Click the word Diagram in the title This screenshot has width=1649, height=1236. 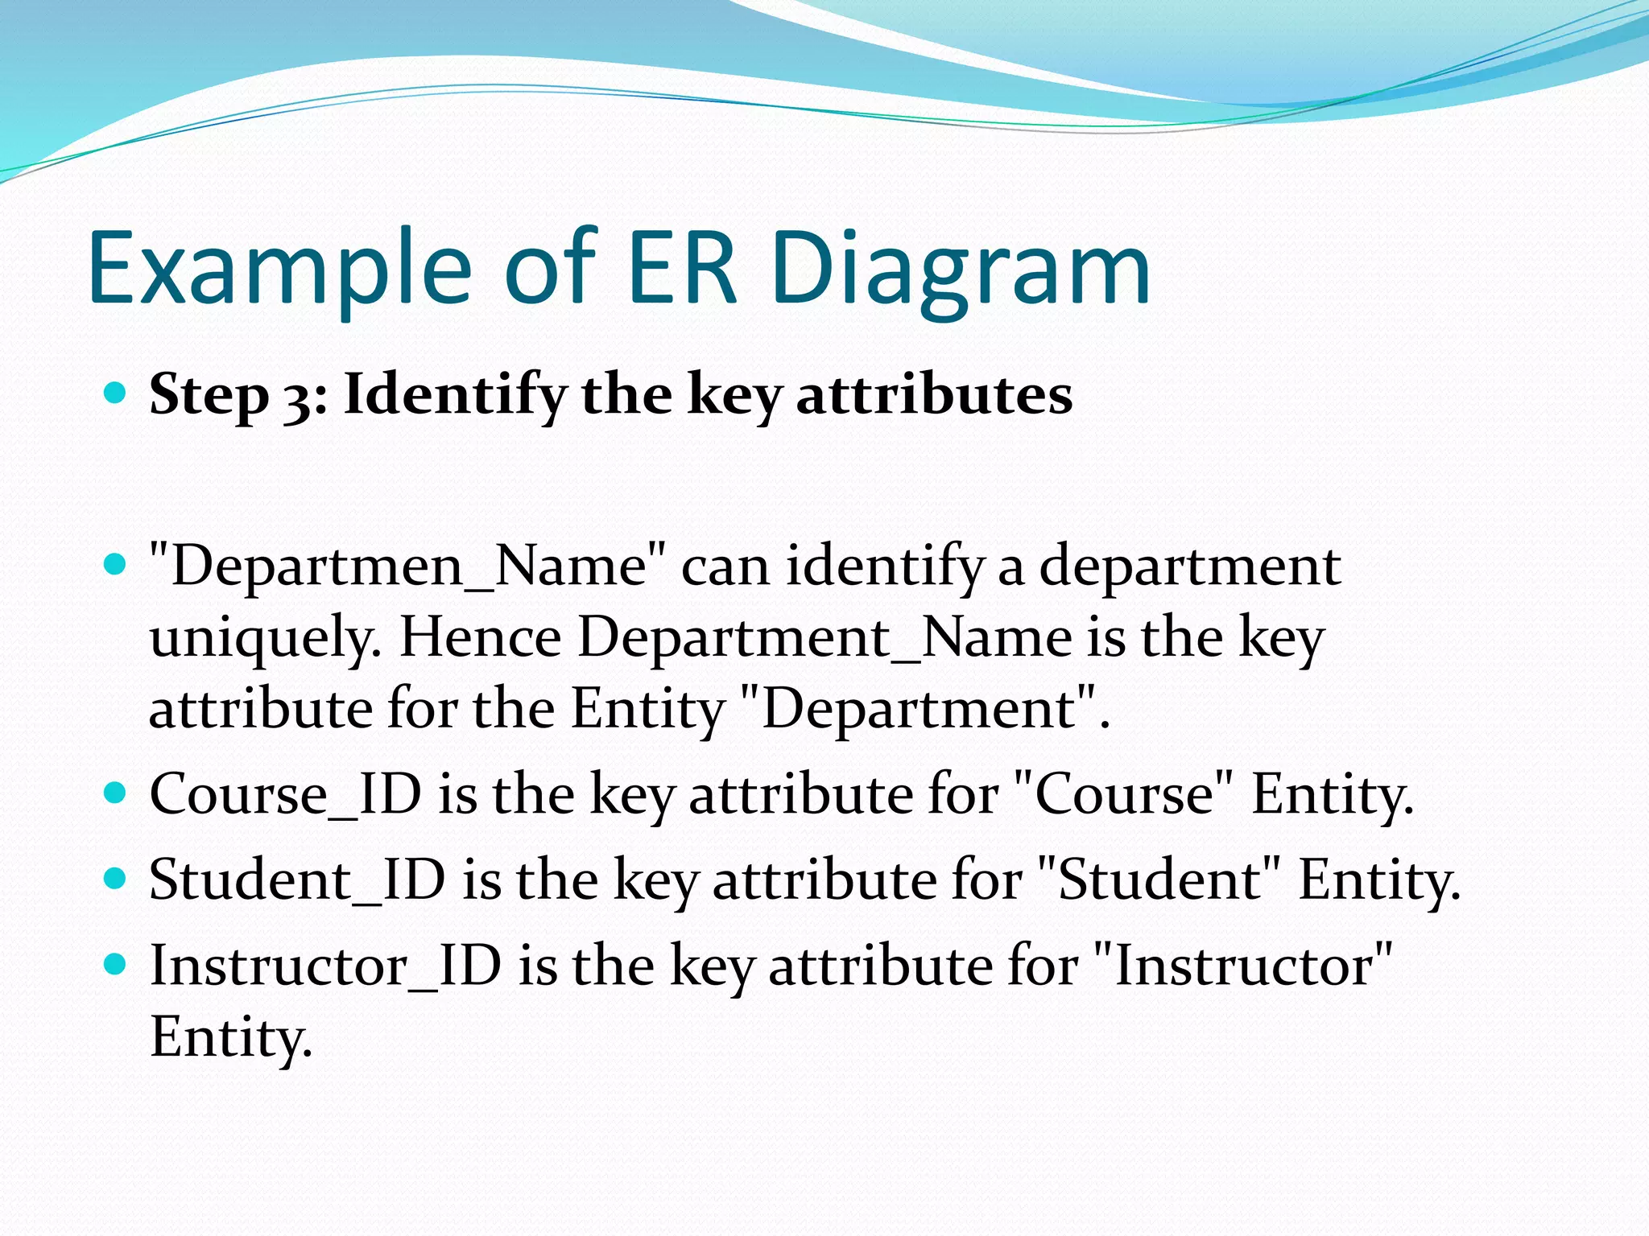tap(961, 270)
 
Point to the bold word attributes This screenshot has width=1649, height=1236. tap(934, 396)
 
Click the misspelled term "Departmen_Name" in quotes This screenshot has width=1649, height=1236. tap(408, 566)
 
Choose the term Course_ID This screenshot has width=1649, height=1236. tap(285, 794)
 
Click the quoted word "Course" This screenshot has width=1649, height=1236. tap(1124, 794)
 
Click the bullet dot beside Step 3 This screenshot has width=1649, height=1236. tap(116, 393)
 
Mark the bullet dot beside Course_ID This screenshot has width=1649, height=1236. tap(116, 793)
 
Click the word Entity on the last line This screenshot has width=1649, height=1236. tap(229, 1038)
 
